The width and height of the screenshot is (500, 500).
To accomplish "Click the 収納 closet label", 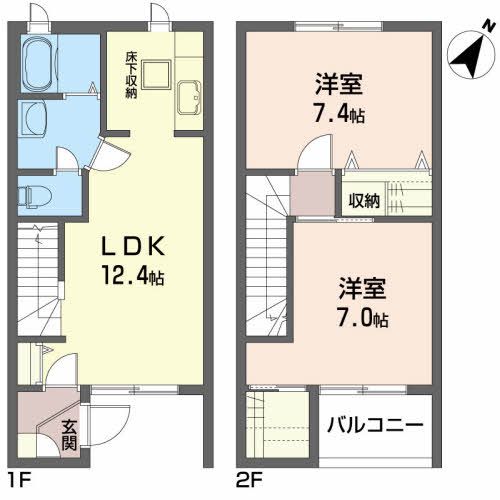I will [363, 200].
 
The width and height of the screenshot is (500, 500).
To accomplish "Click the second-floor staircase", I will [267, 250].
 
